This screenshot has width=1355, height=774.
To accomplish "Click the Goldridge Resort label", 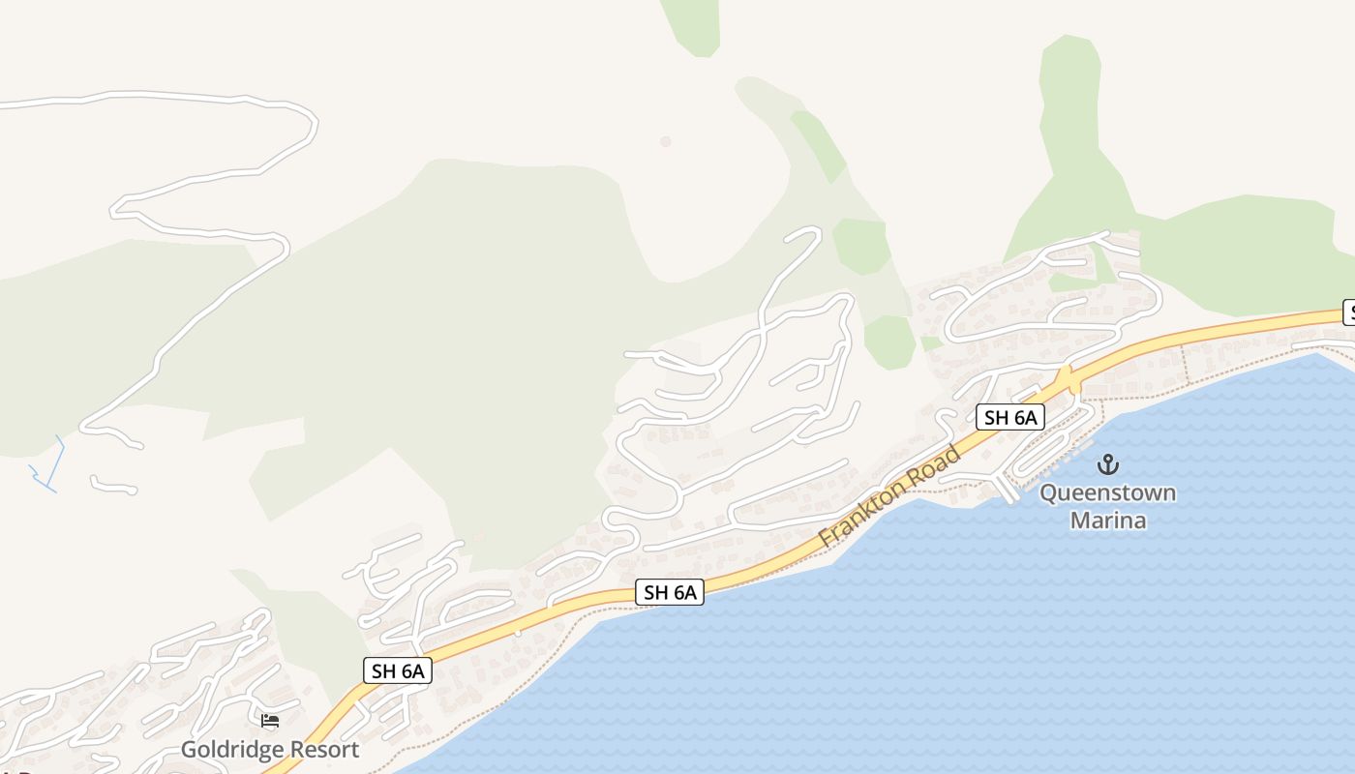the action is coord(270,749).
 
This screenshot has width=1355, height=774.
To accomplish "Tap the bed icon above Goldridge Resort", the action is coord(270,721).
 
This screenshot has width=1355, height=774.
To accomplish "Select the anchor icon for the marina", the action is coord(1107,464).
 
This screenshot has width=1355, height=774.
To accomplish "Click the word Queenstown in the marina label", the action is coord(1107,493).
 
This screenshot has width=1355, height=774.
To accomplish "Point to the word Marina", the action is coord(1107,521).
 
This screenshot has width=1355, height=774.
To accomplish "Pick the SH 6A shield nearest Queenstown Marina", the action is coord(1010,417).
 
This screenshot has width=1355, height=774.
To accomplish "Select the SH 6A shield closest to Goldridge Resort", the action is coord(397,670).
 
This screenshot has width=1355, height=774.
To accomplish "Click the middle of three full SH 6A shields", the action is coord(670,592).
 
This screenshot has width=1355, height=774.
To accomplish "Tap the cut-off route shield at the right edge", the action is coord(1348,313).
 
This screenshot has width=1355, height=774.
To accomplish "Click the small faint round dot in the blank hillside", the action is coord(665,141).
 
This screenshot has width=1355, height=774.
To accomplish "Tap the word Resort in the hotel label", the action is coord(322,749).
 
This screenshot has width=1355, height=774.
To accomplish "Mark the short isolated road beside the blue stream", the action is coord(113,486).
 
